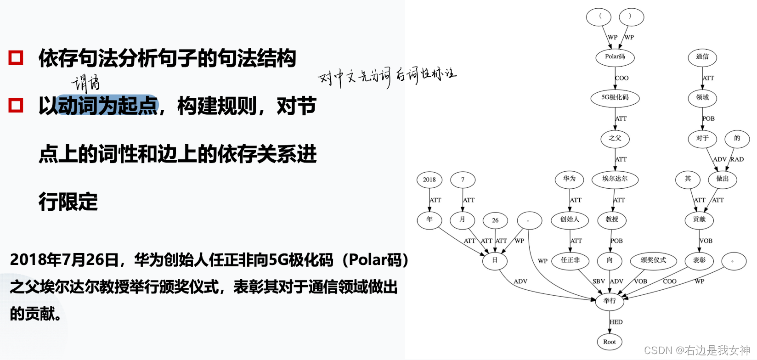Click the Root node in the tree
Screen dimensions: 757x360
(x=609, y=342)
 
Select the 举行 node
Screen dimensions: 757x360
(x=610, y=301)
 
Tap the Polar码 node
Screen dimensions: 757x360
(x=615, y=57)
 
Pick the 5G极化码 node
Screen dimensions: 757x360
(x=615, y=97)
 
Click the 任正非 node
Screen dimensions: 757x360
(x=570, y=260)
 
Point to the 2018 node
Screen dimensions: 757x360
(x=429, y=180)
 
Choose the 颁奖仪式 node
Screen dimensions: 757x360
(x=653, y=260)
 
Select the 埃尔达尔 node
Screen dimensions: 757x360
(x=615, y=179)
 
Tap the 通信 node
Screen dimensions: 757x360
(x=702, y=57)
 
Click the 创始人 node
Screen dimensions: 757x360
(x=570, y=219)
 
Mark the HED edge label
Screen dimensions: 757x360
(x=616, y=322)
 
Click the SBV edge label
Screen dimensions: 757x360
(x=599, y=281)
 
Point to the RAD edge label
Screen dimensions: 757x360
(x=737, y=159)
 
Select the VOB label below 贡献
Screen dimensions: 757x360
(x=706, y=241)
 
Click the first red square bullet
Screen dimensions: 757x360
(x=16, y=58)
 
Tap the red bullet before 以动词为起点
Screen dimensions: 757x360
(x=16, y=105)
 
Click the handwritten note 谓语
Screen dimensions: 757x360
(x=85, y=83)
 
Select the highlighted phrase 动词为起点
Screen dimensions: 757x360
(x=108, y=106)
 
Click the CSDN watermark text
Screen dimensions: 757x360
(x=697, y=350)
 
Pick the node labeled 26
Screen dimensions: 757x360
(x=495, y=220)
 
